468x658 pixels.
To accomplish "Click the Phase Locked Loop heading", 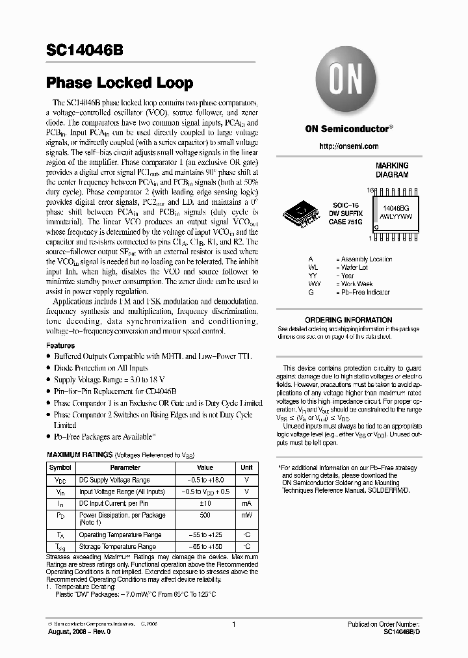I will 120,83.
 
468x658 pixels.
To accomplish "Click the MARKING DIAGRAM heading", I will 392,170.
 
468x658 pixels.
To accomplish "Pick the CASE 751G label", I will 346,222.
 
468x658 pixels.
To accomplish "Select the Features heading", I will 60,346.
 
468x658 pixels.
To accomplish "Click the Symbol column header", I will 60,467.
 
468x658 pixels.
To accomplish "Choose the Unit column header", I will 246,467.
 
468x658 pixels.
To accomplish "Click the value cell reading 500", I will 205,515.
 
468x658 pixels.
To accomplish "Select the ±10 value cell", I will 205,503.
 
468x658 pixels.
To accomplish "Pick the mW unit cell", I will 246,515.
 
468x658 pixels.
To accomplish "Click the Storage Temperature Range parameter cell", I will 117,547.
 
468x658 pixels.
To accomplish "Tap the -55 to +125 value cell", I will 205,534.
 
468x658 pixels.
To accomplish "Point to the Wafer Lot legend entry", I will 354,267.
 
